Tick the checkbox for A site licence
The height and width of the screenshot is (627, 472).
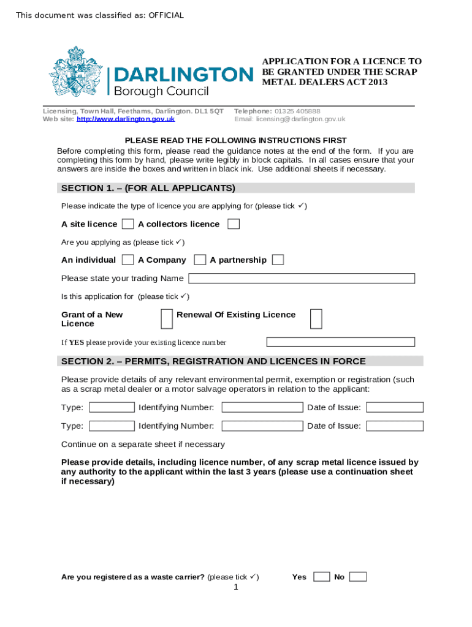point(128,224)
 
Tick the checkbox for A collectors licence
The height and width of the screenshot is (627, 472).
point(234,224)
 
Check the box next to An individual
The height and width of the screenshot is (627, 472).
point(128,260)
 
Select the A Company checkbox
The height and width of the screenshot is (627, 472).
point(199,260)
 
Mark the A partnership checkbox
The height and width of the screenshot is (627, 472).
point(278,260)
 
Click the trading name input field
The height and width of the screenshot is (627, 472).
point(302,279)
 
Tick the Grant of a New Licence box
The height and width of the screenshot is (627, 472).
point(166,318)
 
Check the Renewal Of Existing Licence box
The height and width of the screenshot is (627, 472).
point(316,318)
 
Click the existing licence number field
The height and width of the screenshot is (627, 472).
point(340,342)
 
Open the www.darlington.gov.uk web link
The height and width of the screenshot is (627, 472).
point(126,119)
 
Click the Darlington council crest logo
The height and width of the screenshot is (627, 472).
point(75,75)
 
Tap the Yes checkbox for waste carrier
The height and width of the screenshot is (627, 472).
point(321,577)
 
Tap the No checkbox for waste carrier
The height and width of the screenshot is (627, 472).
point(358,577)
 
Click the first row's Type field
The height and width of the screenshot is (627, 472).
point(112,407)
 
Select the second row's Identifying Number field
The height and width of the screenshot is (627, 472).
point(262,426)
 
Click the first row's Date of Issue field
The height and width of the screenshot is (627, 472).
point(395,407)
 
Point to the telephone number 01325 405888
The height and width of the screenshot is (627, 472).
point(297,111)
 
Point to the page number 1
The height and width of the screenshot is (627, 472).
point(235,588)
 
